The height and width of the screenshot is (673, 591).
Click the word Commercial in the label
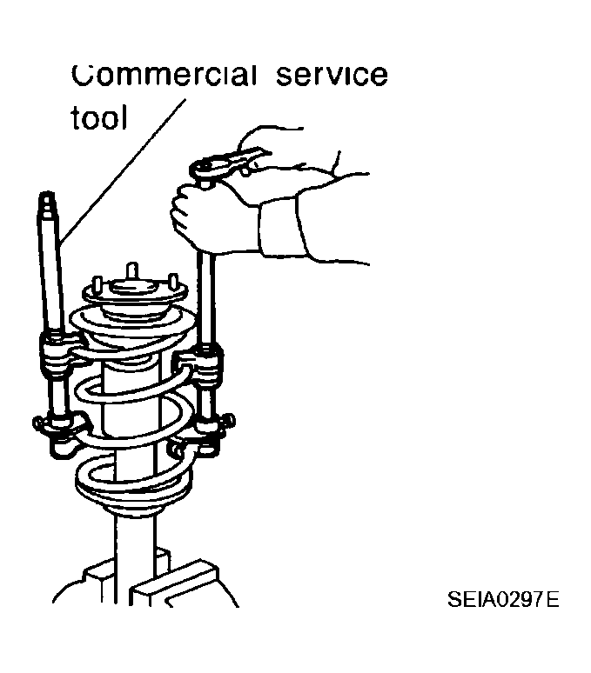165,75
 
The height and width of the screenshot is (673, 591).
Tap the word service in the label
332,75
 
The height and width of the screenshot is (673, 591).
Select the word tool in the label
99,117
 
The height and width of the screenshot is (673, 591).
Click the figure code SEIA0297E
503,599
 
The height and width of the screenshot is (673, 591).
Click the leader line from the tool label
124,170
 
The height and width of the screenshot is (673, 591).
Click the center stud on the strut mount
132,271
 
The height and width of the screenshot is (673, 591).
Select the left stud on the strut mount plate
98,285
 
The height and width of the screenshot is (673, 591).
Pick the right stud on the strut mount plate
173,282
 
